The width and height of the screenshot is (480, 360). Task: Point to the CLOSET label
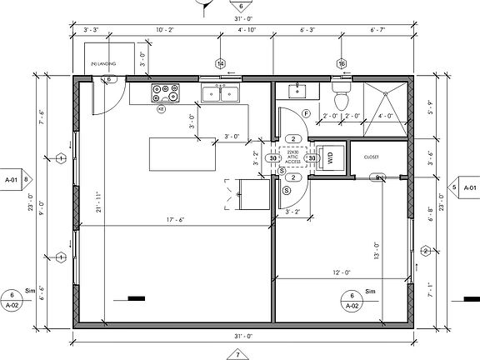click(x=372, y=156)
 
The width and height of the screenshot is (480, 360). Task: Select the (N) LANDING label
click(x=103, y=64)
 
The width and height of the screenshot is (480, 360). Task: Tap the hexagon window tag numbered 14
click(x=221, y=64)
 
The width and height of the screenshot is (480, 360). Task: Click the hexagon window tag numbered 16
click(x=341, y=64)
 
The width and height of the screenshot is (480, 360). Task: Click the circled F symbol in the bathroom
click(x=306, y=113)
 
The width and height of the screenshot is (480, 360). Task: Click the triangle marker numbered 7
click(x=237, y=352)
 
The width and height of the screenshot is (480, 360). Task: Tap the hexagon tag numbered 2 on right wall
click(x=426, y=251)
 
